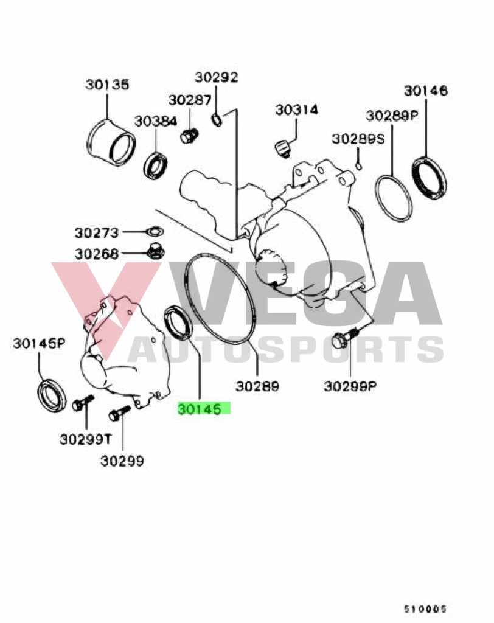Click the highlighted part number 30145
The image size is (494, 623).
pyautogui.click(x=204, y=409)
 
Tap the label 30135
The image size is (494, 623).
pyautogui.click(x=107, y=85)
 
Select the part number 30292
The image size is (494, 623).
pyautogui.click(x=216, y=77)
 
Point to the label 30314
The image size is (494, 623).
pyautogui.click(x=296, y=110)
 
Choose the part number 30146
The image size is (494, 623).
pyautogui.click(x=425, y=91)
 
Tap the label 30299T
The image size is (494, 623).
pyautogui.click(x=85, y=439)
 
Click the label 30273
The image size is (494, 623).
pyautogui.click(x=97, y=232)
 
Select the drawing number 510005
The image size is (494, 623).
pyautogui.click(x=425, y=608)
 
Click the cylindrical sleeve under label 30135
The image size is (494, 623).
pyautogui.click(x=111, y=145)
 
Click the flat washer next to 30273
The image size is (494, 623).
pyautogui.click(x=155, y=232)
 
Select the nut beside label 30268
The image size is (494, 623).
pyautogui.click(x=155, y=250)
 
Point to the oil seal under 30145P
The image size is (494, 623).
pyautogui.click(x=52, y=394)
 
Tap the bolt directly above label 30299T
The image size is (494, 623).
pyautogui.click(x=82, y=403)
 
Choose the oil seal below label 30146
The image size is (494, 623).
pyautogui.click(x=429, y=177)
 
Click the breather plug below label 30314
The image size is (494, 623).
pyautogui.click(x=282, y=147)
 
